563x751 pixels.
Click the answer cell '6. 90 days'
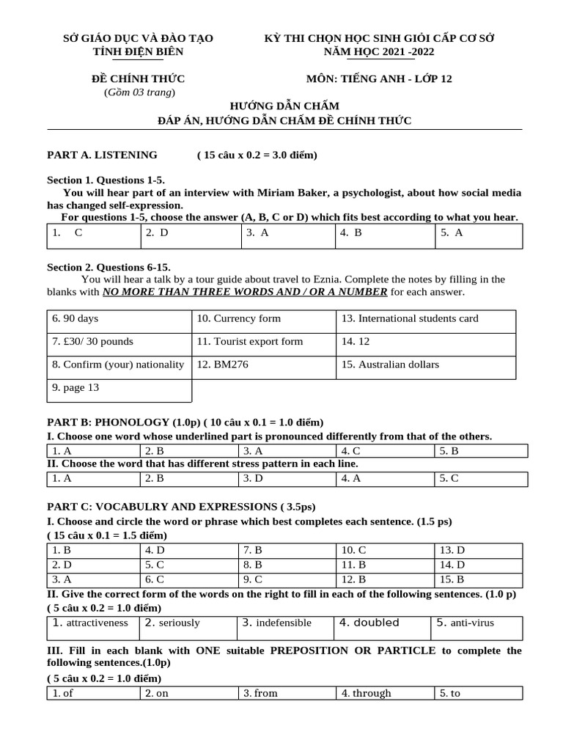tap(75, 318)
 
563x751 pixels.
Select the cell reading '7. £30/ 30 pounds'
tap(92, 341)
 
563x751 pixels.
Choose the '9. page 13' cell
tap(75, 387)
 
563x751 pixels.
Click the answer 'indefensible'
tap(284, 623)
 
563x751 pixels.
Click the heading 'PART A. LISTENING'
tap(102, 155)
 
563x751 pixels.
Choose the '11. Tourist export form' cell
tap(249, 341)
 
